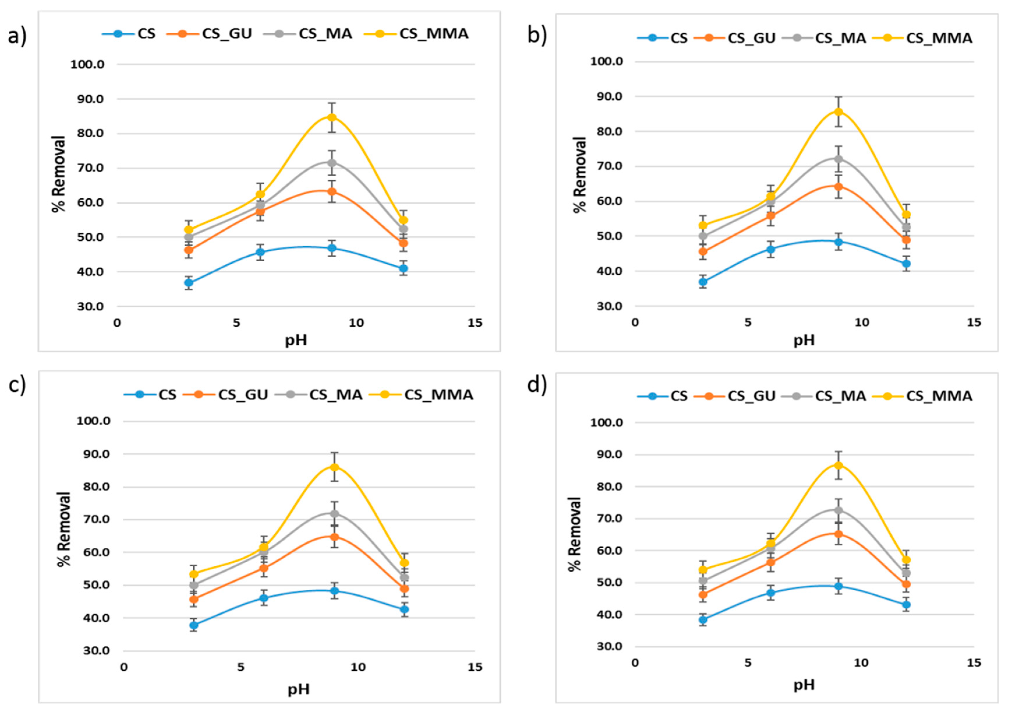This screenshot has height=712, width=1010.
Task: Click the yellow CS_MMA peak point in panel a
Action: [x=332, y=117]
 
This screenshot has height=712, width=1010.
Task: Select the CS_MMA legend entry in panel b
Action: [x=939, y=38]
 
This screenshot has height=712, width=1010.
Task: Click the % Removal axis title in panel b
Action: [x=580, y=175]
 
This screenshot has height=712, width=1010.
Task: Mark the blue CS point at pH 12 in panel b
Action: [x=906, y=263]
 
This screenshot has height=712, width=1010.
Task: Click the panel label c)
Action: [x=17, y=384]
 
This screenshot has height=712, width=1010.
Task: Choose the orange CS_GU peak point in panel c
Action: [x=334, y=537]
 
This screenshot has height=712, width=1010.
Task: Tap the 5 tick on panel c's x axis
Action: [x=241, y=667]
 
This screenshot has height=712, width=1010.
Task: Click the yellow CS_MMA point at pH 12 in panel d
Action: [x=906, y=560]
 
